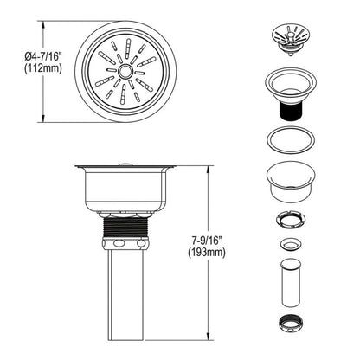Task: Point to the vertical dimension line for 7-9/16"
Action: point(209,208)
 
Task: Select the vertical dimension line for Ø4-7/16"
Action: point(46,95)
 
